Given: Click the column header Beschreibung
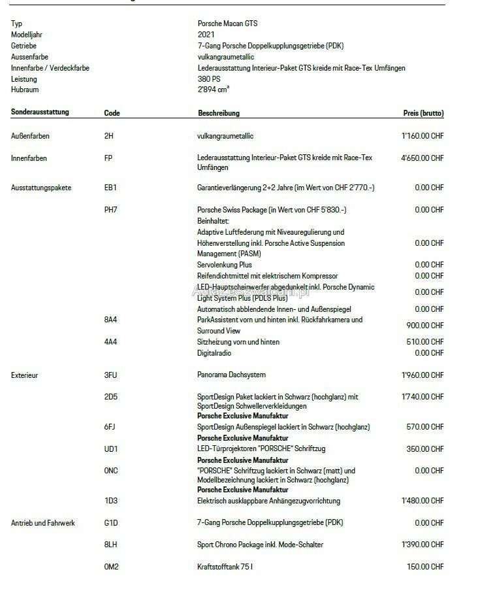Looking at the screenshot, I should pyautogui.click(x=219, y=113).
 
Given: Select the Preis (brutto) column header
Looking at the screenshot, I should pyautogui.click(x=423, y=113).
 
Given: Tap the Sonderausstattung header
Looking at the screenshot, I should pyautogui.click(x=40, y=112).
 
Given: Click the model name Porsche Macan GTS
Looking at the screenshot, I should pyautogui.click(x=227, y=24).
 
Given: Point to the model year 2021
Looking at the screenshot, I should pyautogui.click(x=205, y=35).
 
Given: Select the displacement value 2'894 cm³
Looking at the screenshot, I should pyautogui.click(x=214, y=90).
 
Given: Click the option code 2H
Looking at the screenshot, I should pyautogui.click(x=108, y=136).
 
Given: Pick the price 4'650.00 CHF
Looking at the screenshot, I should pyautogui.click(x=423, y=158).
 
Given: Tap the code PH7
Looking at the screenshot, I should pyautogui.click(x=110, y=210).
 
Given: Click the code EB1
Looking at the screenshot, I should pyautogui.click(x=110, y=188).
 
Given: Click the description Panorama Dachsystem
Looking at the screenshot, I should pyautogui.click(x=231, y=375).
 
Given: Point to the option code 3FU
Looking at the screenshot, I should pyautogui.click(x=110, y=375).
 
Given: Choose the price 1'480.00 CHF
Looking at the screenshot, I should pyautogui.click(x=423, y=501).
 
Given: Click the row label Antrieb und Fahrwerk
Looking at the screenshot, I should pyautogui.click(x=43, y=523).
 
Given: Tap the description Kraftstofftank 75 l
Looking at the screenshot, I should pyautogui.click(x=225, y=567).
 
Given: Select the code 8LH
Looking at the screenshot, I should pyautogui.click(x=110, y=545).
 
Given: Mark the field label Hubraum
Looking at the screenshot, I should pyautogui.click(x=25, y=90).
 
